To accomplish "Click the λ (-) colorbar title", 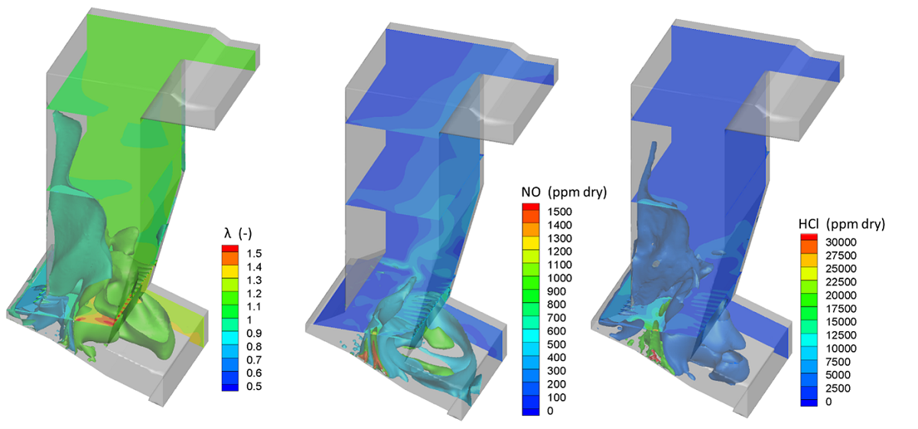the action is point(238,233).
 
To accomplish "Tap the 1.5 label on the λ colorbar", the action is point(254,254).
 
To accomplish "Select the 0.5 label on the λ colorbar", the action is point(254,386).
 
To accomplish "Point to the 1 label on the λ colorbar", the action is point(249,320).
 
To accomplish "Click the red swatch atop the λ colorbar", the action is point(230,249).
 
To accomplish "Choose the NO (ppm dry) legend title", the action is point(564,192).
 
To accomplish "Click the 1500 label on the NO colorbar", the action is point(559,212).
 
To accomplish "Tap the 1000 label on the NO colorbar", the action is point(559,278).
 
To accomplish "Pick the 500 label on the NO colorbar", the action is point(557,345).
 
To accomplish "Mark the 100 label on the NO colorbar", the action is point(557,398).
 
